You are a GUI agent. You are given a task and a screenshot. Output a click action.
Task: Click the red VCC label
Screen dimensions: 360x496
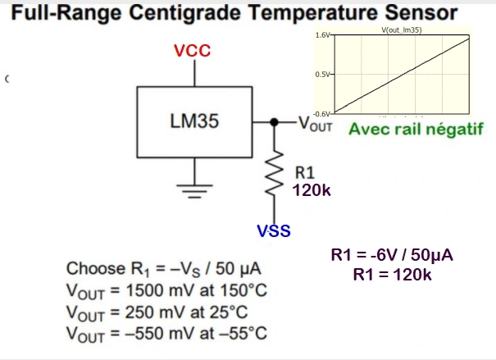coord(193,52)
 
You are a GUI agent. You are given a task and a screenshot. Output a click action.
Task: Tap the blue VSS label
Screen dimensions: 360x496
coord(274,230)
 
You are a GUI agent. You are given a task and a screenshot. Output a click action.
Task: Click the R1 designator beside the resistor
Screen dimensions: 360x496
coord(304,172)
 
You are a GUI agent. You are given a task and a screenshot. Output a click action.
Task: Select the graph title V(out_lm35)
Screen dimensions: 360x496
coord(401,30)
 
